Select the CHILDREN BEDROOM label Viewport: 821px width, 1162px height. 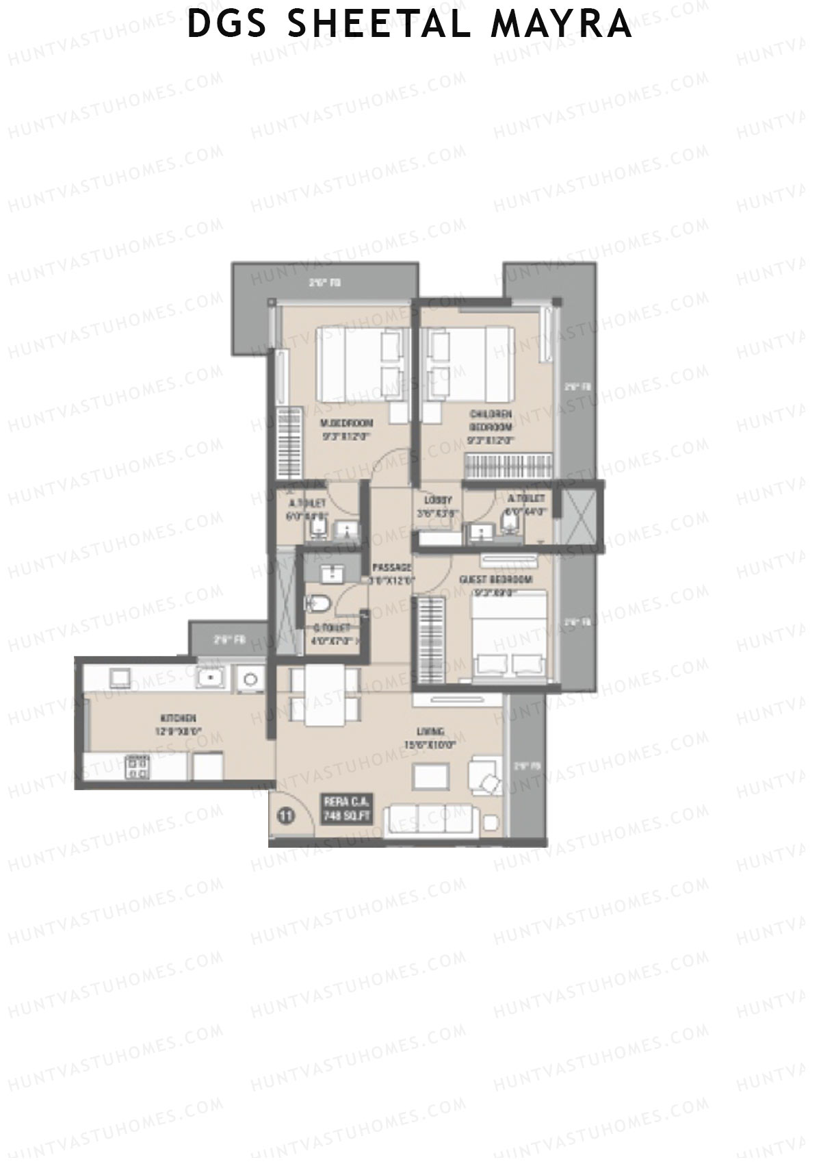(x=491, y=419)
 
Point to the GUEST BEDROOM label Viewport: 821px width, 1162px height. (x=496, y=580)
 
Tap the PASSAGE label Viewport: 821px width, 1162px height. (x=391, y=568)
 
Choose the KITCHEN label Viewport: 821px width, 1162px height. (x=179, y=718)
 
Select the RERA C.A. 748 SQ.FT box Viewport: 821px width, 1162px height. (x=346, y=809)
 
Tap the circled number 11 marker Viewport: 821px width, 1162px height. (x=287, y=816)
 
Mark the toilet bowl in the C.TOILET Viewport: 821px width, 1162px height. (x=318, y=603)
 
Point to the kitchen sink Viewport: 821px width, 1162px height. (x=211, y=678)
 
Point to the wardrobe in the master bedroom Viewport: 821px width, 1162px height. (x=288, y=442)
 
